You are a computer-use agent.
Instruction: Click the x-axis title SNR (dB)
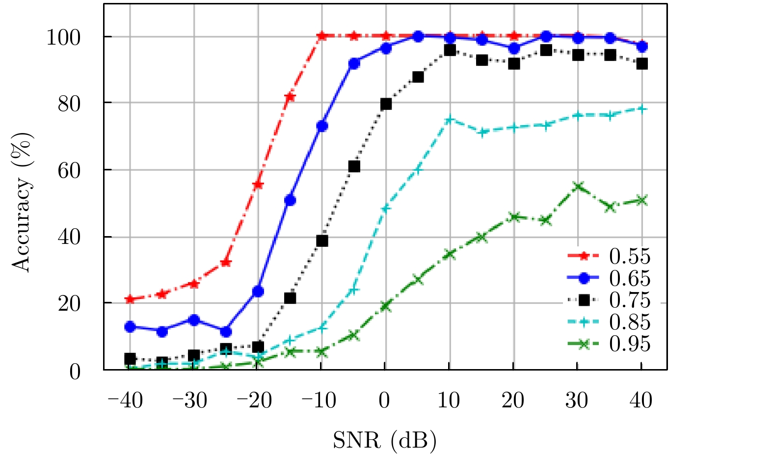[x=385, y=440]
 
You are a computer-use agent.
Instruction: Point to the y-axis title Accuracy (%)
[x=22, y=202]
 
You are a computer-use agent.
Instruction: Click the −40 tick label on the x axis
[x=125, y=401]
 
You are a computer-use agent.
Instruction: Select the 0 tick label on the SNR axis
[x=384, y=401]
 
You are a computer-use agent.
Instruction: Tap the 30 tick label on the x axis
[x=577, y=401]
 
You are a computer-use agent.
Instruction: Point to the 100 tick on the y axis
[x=63, y=37]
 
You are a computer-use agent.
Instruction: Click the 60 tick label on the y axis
[x=69, y=170]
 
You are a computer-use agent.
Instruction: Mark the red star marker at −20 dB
[x=258, y=185]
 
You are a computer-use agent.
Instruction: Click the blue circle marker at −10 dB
[x=322, y=126]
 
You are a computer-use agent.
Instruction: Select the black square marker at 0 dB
[x=386, y=104]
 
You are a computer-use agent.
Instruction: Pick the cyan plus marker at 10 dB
[x=450, y=120]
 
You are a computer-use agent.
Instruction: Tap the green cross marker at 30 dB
[x=578, y=187]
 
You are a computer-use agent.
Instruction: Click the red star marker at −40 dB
[x=130, y=299]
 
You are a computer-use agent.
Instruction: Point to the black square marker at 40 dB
[x=642, y=64]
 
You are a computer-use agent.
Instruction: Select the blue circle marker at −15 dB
[x=290, y=200]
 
